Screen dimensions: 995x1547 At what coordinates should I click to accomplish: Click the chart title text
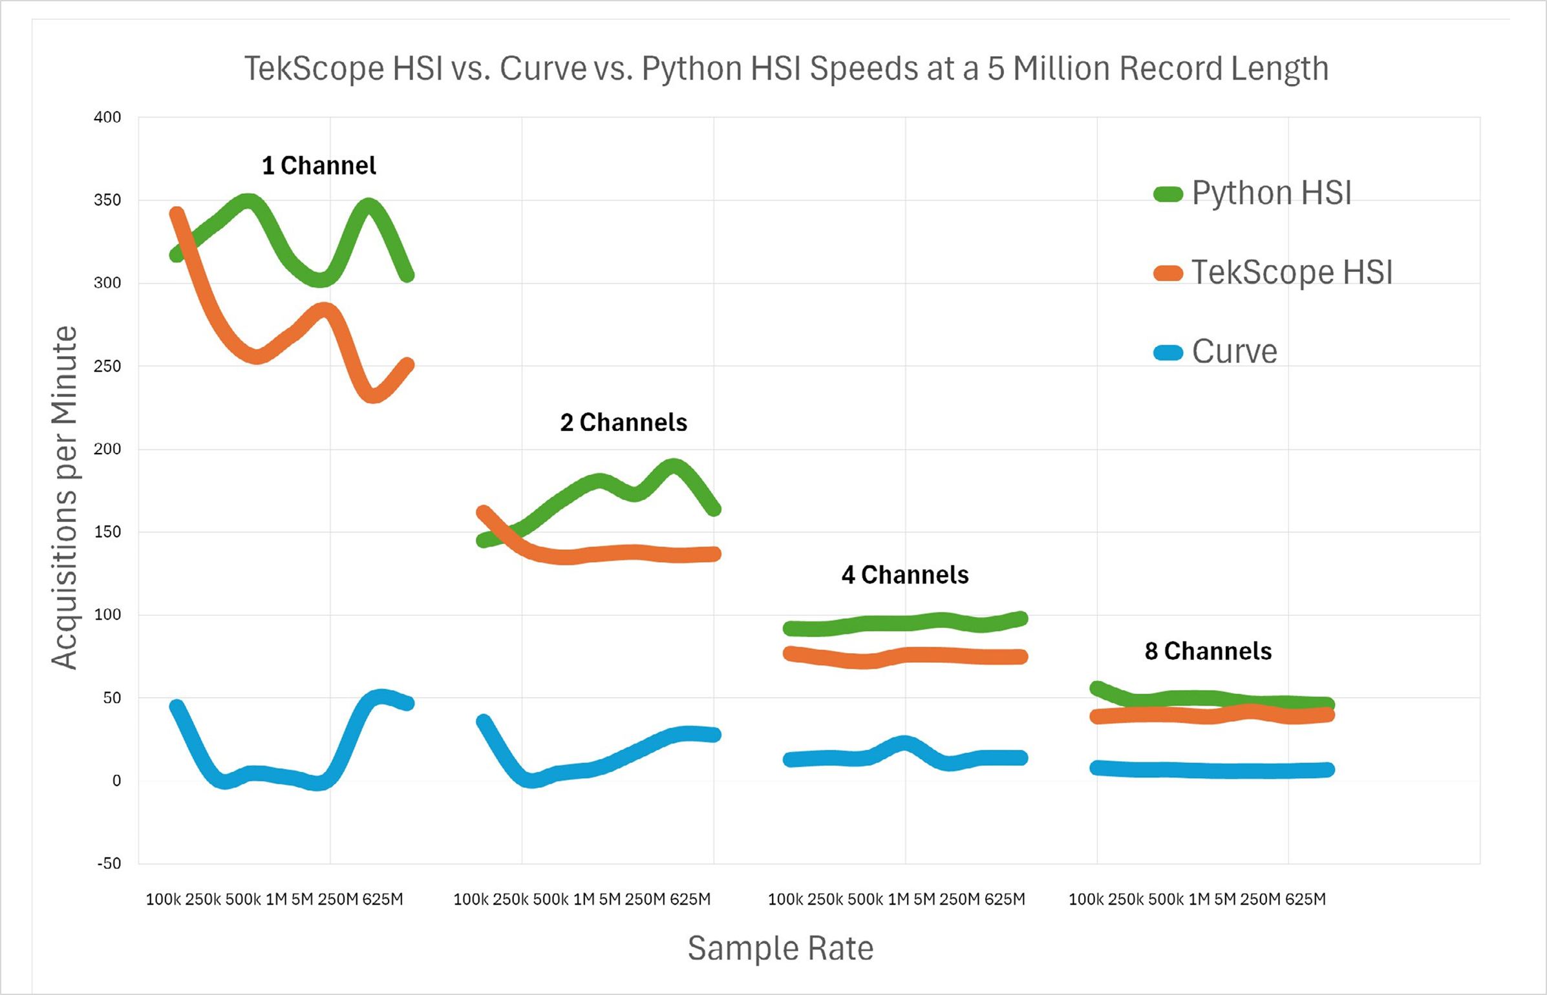click(x=785, y=68)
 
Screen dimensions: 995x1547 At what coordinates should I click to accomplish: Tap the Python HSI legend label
click(x=1271, y=193)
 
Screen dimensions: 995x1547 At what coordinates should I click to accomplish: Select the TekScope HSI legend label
click(x=1292, y=272)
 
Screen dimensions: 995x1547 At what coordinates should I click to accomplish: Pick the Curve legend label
click(x=1234, y=351)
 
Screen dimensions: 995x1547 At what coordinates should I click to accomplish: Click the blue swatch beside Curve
click(x=1168, y=353)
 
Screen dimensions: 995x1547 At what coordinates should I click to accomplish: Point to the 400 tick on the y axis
click(x=107, y=118)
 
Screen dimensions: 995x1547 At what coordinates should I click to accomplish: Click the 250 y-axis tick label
click(x=107, y=366)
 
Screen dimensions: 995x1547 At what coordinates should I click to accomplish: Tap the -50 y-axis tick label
click(x=109, y=864)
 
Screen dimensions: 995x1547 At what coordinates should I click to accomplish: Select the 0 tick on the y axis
click(x=116, y=780)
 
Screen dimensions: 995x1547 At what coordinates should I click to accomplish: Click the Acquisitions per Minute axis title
click(x=64, y=497)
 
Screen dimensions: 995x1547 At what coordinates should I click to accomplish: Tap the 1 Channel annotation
click(x=319, y=166)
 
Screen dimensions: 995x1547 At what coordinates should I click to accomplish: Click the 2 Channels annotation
click(x=623, y=423)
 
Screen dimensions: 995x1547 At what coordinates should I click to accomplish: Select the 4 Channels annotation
click(x=904, y=575)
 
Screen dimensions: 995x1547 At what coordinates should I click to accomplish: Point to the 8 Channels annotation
click(x=1208, y=651)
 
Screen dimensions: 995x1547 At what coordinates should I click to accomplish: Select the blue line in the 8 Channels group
click(x=1209, y=770)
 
